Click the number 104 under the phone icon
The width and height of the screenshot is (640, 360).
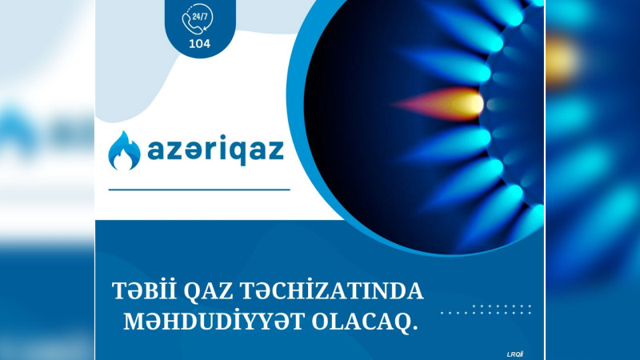[199, 44]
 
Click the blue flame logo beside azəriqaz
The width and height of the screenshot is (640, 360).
[124, 150]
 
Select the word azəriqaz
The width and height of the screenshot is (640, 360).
[216, 150]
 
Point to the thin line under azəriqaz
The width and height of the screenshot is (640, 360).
[198, 190]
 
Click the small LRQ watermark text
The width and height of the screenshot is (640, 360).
[515, 353]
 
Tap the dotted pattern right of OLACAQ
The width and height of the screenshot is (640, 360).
[487, 309]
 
